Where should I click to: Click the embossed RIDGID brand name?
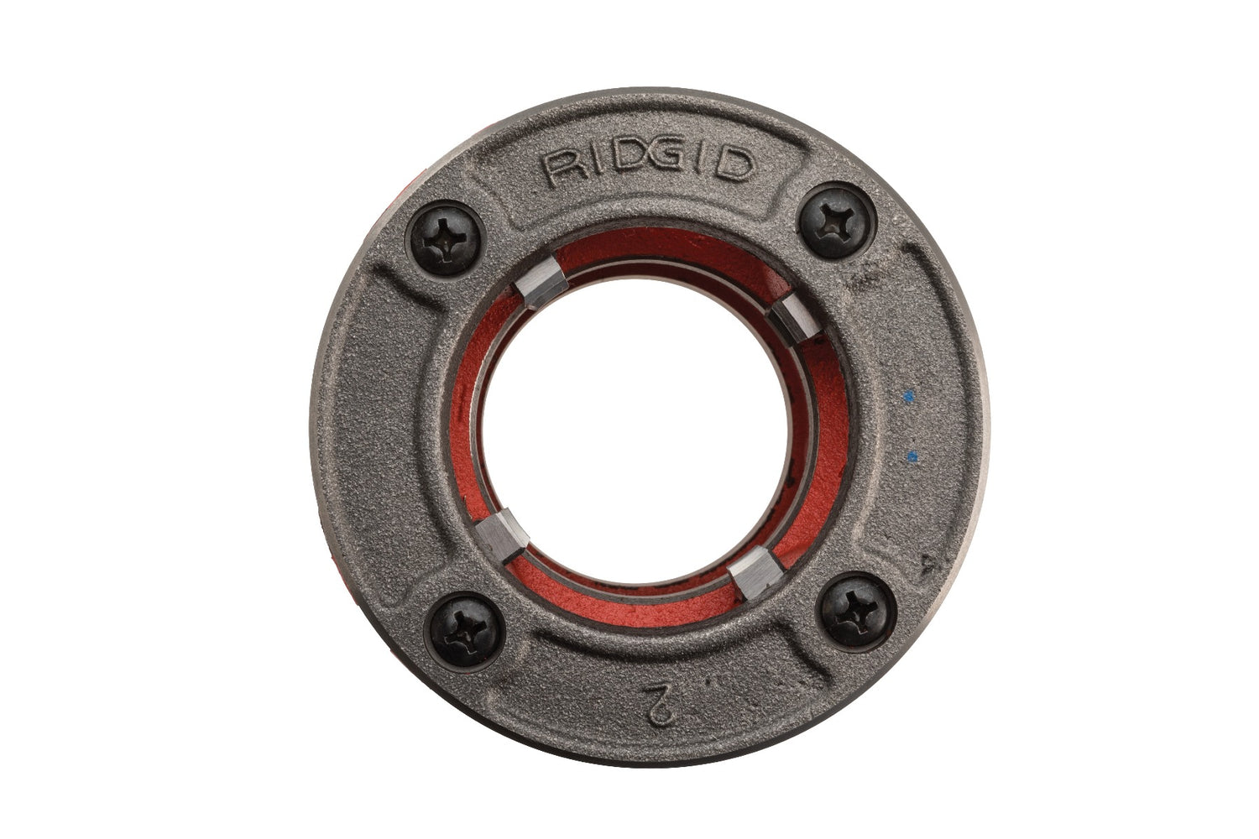[647, 165]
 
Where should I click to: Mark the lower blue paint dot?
[912, 456]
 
